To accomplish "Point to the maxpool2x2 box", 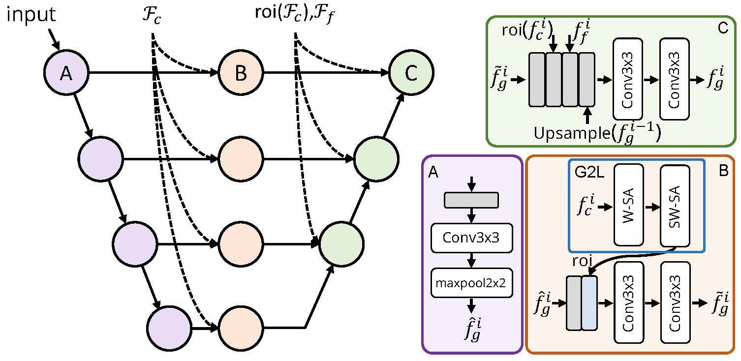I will [472, 282].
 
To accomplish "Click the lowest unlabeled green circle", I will [342, 242].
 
